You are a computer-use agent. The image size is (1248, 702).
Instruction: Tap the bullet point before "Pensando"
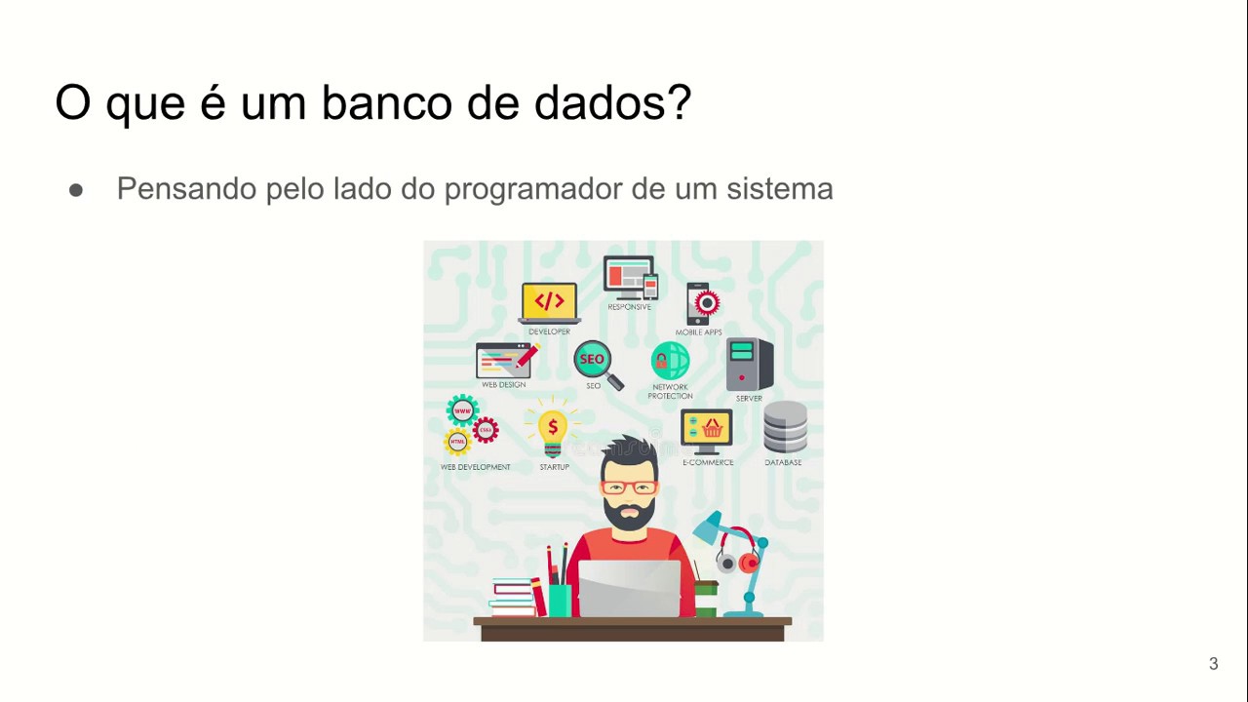pyautogui.click(x=76, y=190)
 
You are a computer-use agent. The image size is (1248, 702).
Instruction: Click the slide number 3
pyautogui.click(x=1213, y=664)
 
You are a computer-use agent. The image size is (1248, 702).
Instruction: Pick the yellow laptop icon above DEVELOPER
pyautogui.click(x=549, y=302)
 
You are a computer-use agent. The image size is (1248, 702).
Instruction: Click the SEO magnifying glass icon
pyautogui.click(x=597, y=364)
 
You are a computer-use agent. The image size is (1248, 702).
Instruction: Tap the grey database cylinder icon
pyautogui.click(x=785, y=428)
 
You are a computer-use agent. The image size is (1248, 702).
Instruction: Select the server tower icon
pyautogui.click(x=749, y=364)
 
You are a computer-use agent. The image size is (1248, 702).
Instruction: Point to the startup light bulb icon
pyautogui.click(x=553, y=432)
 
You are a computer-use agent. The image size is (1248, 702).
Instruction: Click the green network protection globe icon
pyautogui.click(x=670, y=361)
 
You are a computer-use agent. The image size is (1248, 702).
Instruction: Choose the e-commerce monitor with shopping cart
pyautogui.click(x=706, y=431)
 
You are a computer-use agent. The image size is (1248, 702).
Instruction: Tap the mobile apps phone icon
pyautogui.click(x=702, y=303)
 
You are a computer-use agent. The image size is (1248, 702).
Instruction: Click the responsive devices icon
pyautogui.click(x=630, y=278)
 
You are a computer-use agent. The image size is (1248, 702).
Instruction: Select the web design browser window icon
pyautogui.click(x=505, y=360)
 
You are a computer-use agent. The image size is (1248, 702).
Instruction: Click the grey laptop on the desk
pyautogui.click(x=629, y=588)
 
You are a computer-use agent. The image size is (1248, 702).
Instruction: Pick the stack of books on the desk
pyautogui.click(x=514, y=597)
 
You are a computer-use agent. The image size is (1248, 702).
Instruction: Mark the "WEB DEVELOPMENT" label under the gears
pyautogui.click(x=475, y=467)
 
